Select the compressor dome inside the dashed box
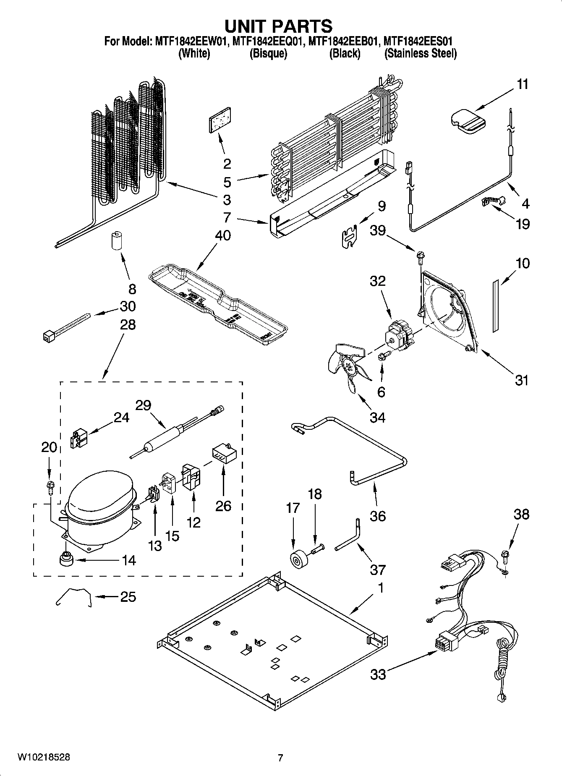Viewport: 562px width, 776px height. [100, 493]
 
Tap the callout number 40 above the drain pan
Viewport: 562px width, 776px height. [223, 235]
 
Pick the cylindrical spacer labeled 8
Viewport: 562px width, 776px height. [115, 240]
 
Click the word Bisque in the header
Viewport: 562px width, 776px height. [268, 54]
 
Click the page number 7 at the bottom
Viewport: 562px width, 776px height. [280, 758]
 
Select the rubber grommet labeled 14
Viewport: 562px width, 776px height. [65, 559]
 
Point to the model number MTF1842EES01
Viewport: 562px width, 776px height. [418, 41]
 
